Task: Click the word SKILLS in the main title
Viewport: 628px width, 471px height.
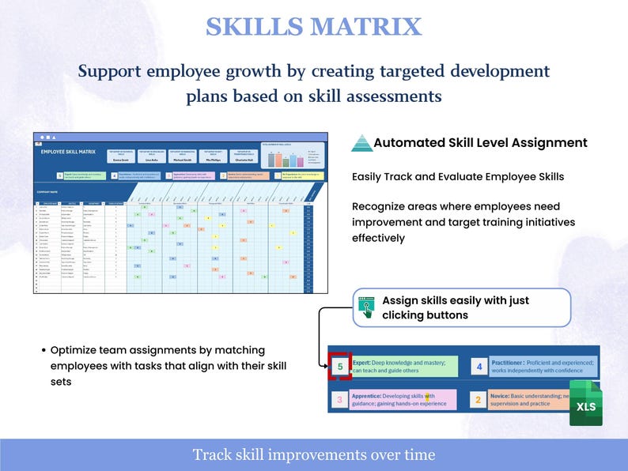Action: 254,26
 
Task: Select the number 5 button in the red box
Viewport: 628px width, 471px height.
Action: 340,367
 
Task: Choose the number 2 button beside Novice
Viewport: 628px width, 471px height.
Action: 478,400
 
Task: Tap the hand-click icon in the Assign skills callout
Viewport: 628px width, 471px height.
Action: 366,307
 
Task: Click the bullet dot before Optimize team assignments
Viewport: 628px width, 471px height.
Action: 43,350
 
